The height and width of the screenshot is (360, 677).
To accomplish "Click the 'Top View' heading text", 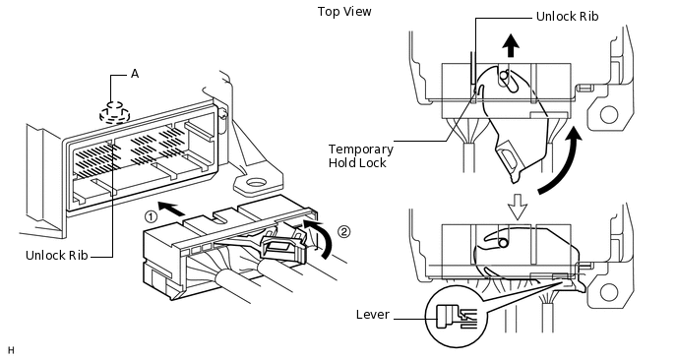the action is coord(344,11).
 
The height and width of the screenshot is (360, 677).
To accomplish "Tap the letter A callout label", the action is coord(135,74).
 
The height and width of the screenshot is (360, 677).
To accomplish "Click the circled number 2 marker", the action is coord(343,232).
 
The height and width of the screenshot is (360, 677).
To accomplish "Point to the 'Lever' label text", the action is coord(373,314).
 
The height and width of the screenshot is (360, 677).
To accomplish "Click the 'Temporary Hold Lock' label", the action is coord(360,155).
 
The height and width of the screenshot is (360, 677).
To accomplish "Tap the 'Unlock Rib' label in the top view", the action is coord(567,17).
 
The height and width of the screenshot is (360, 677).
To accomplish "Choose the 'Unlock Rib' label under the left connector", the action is coord(56,255).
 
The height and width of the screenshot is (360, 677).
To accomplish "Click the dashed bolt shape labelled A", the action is coord(115,113).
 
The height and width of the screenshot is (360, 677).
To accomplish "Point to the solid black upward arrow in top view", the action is coord(512,46).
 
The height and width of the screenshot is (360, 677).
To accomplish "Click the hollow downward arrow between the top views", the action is coord(518,207).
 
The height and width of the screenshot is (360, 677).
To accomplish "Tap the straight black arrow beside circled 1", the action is coord(171,208).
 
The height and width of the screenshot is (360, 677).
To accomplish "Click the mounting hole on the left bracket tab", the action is coord(256,184).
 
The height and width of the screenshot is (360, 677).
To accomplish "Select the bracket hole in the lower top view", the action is coord(609,293).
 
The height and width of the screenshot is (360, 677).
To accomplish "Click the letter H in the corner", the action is coord(11,350).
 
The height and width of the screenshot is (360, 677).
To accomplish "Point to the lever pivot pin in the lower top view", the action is coord(503,244).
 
